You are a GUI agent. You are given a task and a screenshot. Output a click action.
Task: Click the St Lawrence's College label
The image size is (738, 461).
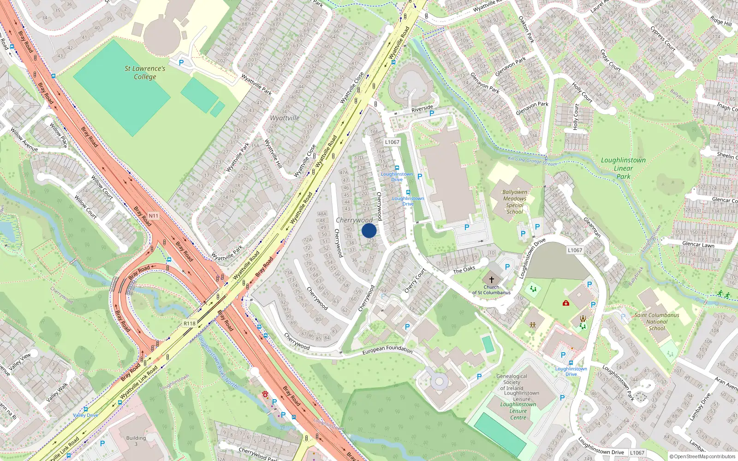point(145,72)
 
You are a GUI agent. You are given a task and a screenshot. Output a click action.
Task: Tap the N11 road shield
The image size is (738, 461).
point(154,216)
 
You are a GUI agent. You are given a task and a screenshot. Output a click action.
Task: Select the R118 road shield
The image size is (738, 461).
point(190,324)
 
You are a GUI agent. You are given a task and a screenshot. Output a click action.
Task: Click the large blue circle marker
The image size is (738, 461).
point(369,230)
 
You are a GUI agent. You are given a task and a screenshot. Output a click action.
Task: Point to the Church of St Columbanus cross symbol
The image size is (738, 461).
point(492,280)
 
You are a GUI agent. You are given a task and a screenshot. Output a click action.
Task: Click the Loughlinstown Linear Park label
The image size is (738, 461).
point(623,168)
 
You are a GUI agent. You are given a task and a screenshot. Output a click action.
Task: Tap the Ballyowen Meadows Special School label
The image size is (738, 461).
point(515,202)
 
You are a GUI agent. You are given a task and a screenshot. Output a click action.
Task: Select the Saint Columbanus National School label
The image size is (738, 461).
point(657,322)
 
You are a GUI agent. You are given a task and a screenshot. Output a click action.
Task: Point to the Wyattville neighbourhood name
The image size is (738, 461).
point(285,118)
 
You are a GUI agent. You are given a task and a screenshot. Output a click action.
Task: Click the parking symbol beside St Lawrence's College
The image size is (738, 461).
point(181,63)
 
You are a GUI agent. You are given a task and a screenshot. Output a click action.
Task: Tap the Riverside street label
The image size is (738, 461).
point(422,109)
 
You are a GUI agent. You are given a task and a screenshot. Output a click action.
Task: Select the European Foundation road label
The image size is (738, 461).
point(387,350)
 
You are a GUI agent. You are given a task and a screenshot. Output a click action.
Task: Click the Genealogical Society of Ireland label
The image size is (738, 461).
point(512,382)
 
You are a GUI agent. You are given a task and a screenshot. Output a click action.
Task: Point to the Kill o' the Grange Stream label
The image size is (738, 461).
point(532,161)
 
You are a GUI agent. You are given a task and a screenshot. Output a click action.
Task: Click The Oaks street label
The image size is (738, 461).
point(464,270)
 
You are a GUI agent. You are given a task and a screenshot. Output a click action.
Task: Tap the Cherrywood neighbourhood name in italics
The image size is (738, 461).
point(354,220)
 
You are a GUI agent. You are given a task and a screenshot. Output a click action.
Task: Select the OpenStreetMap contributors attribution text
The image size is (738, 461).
point(702,456)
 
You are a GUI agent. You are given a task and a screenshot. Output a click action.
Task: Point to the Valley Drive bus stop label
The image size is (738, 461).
point(86,415)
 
